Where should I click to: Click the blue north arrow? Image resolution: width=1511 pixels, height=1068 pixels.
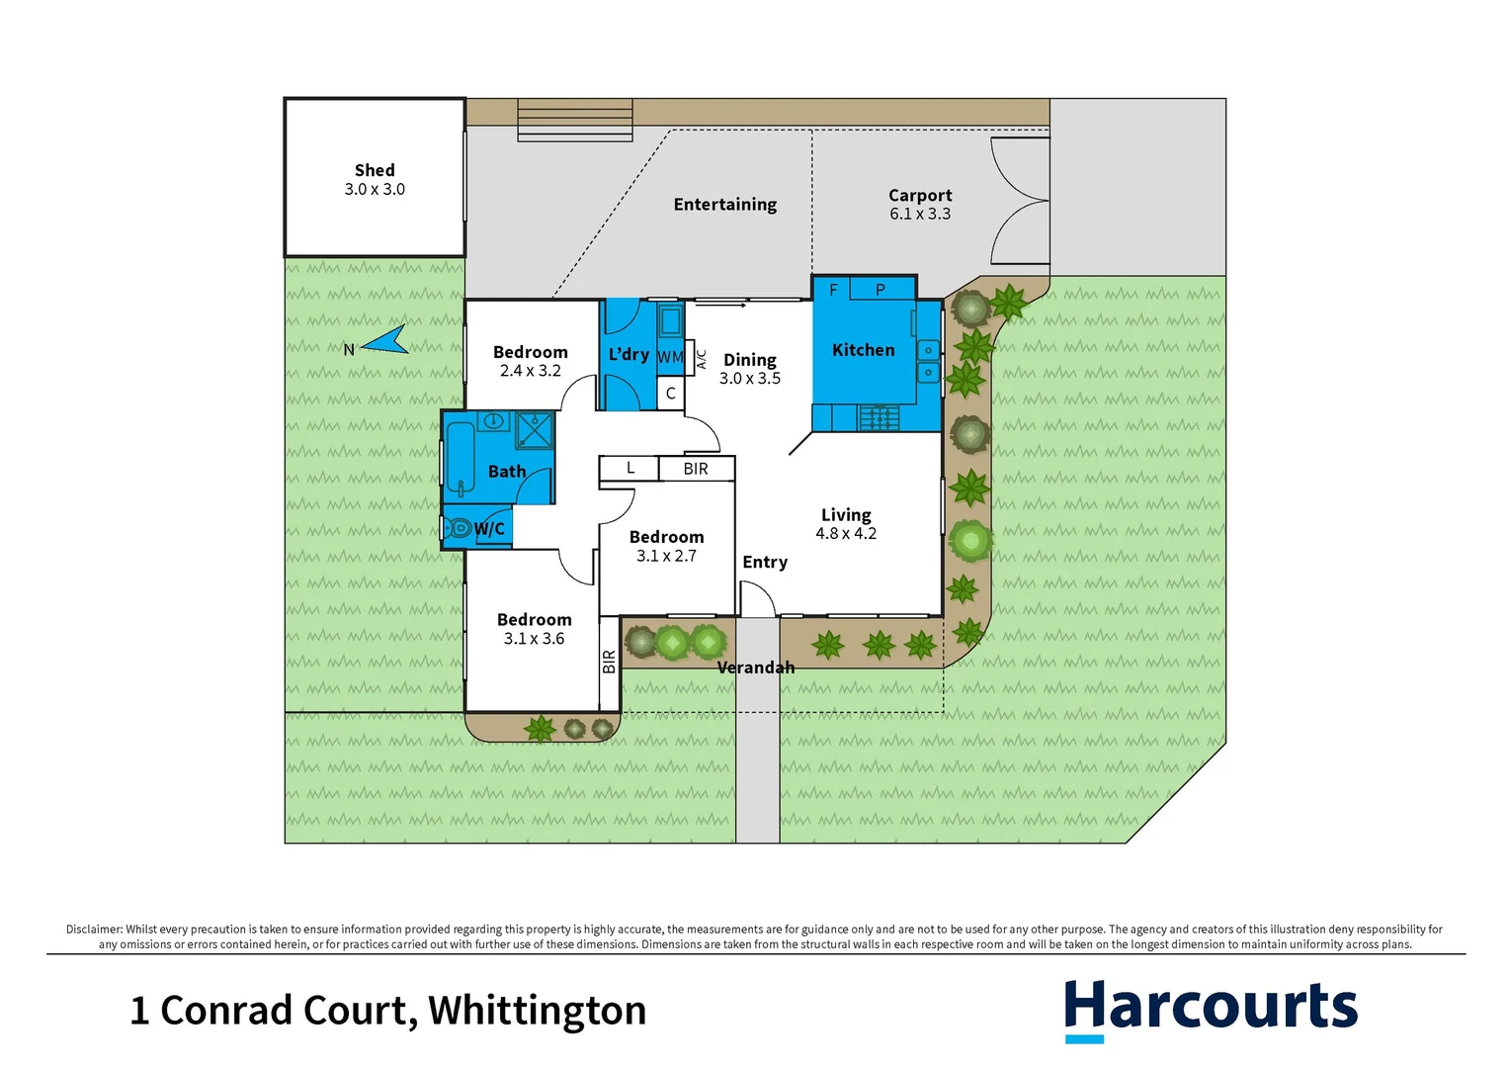click(x=385, y=341)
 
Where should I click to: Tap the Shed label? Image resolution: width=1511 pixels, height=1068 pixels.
click(x=375, y=170)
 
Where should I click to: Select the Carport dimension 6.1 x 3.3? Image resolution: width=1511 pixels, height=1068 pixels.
click(x=919, y=214)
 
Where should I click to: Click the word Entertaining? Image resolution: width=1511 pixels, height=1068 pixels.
click(x=724, y=205)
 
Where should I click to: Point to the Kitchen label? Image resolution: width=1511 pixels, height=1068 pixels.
click(x=863, y=350)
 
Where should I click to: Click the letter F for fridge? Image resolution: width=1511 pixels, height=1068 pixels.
click(x=833, y=290)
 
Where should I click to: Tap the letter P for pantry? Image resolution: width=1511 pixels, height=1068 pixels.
click(x=881, y=290)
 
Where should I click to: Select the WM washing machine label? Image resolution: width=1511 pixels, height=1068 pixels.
click(x=670, y=357)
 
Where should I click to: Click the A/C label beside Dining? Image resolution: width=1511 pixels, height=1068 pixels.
click(x=702, y=359)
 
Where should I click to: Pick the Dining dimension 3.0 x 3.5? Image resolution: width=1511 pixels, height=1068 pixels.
click(x=749, y=379)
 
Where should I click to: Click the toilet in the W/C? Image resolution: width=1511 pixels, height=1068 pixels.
click(x=457, y=528)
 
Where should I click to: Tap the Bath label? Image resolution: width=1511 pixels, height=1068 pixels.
click(x=507, y=472)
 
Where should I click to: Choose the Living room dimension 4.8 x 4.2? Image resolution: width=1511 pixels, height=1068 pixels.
click(x=845, y=534)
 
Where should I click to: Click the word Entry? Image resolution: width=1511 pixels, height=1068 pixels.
click(x=765, y=562)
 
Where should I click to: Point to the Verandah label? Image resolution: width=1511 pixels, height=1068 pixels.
click(x=755, y=667)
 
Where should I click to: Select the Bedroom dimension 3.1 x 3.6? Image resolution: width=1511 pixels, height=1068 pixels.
click(x=534, y=639)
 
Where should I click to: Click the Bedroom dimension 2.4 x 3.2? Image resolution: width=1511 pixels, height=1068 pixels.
click(x=530, y=371)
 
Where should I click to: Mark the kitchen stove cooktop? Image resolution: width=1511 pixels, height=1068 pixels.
click(x=879, y=418)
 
